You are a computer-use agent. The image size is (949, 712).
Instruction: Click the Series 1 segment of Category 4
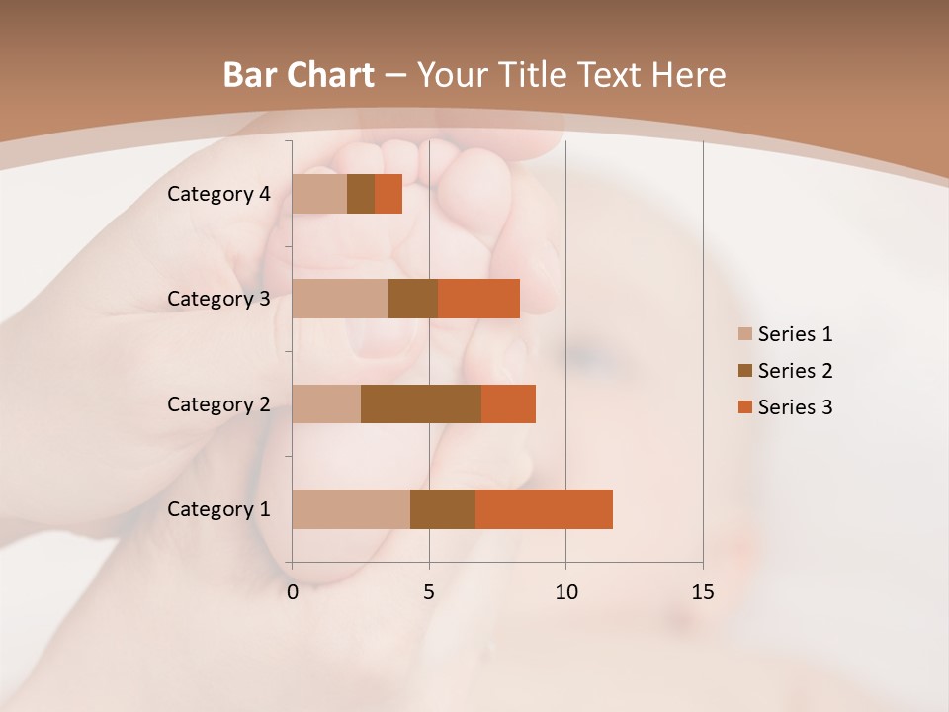[x=319, y=194]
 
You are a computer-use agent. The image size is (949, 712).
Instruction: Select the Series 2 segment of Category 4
[x=361, y=194]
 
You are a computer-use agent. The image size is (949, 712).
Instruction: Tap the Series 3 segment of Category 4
[x=388, y=194]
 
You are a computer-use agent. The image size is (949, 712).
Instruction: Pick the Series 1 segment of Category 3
[x=340, y=299]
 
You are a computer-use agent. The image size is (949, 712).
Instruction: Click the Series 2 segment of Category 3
[x=413, y=299]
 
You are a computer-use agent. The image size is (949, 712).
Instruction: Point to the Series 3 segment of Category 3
[x=478, y=299]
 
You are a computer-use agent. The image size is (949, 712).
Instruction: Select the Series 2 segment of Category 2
[x=421, y=403]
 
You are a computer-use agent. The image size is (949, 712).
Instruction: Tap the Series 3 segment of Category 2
[x=508, y=403]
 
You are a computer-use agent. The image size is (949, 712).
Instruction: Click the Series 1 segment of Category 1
[x=351, y=509]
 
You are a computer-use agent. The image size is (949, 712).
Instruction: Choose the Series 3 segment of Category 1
[x=544, y=509]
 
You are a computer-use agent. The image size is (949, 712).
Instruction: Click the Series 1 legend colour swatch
[x=744, y=334]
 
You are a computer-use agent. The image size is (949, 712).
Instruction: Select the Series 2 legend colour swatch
[x=744, y=371]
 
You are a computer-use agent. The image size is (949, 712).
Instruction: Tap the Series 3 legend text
[x=795, y=407]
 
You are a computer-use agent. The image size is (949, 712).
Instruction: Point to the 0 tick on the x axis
[x=293, y=592]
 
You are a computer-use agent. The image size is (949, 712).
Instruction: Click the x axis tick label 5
[x=429, y=592]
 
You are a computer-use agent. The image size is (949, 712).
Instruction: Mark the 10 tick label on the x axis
[x=565, y=592]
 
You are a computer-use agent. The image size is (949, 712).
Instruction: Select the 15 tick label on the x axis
[x=703, y=592]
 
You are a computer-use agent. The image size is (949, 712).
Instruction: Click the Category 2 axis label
[x=218, y=403]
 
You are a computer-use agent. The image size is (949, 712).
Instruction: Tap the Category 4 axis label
[x=218, y=194]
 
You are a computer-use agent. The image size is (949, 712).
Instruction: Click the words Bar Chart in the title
[x=299, y=75]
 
